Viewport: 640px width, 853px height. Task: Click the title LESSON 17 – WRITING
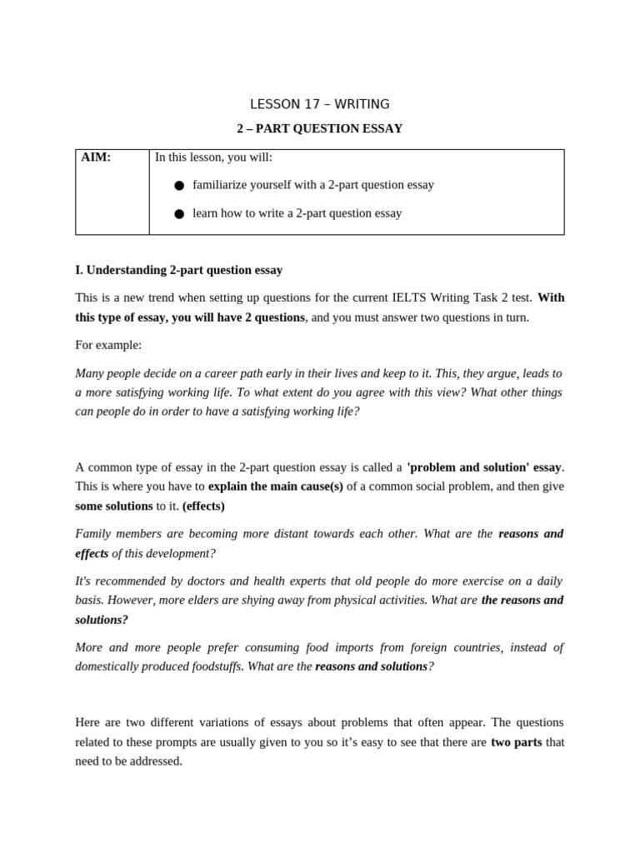319,104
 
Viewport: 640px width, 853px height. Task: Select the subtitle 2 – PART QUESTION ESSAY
319,128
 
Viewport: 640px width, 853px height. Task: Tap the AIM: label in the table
96,157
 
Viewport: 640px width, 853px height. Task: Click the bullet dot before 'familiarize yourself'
179,186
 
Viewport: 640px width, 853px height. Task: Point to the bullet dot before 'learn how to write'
179,214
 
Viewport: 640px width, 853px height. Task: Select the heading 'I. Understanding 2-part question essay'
178,270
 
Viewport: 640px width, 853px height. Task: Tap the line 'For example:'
108,345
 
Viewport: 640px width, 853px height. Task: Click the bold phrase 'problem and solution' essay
484,466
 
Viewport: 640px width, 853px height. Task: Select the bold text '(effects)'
203,506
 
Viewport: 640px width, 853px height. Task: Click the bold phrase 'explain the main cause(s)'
275,486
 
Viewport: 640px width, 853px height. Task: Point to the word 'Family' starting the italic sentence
93,533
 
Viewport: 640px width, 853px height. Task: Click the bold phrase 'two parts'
516,741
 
